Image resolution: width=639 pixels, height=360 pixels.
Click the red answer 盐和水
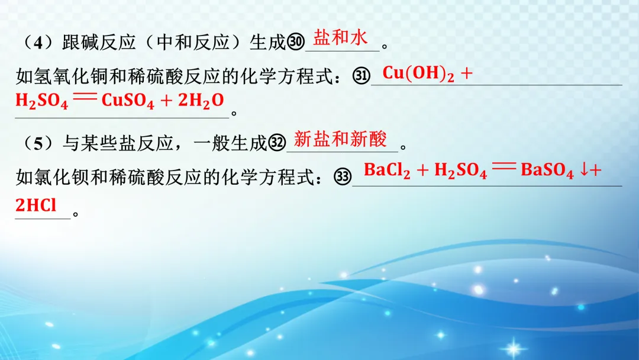coord(340,38)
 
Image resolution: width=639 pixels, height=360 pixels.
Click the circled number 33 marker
coord(343,177)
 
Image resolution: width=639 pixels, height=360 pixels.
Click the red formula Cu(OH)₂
coord(418,74)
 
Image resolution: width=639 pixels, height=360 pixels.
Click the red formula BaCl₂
coord(387,171)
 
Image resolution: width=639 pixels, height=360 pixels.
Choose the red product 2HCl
coord(36,205)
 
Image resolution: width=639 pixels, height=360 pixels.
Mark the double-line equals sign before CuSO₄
coord(85,99)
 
